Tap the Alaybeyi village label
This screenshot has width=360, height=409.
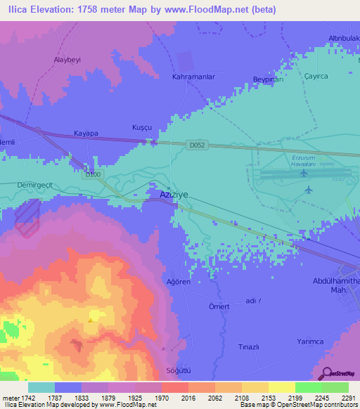tap(68, 60)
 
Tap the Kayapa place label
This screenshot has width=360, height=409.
tap(86, 132)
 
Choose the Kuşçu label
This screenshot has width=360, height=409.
tap(142, 126)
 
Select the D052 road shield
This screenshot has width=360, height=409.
tap(198, 145)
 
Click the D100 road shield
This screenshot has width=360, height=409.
tap(93, 174)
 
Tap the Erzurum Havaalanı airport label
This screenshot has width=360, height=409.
tap(303, 161)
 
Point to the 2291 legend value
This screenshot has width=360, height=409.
tap(348, 398)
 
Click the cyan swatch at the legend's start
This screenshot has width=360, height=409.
tap(41, 387)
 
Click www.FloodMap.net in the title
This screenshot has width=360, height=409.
tap(218, 10)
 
